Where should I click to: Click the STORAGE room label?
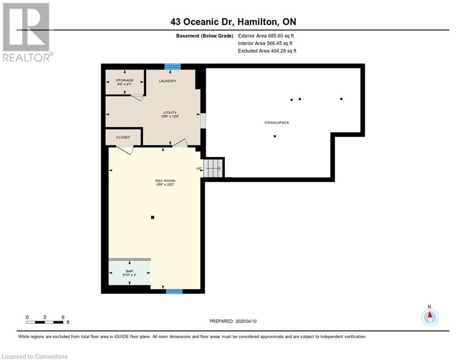pyautogui.click(x=125, y=80)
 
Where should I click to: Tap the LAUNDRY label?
pyautogui.click(x=168, y=81)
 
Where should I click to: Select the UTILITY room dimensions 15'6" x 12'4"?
pyautogui.click(x=170, y=117)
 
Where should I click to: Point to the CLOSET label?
pyautogui.click(x=123, y=137)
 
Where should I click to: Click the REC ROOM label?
pyautogui.click(x=165, y=181)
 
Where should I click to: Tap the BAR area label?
pyautogui.click(x=129, y=271)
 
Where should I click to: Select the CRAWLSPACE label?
pyautogui.click(x=277, y=122)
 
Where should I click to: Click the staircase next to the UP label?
pyautogui.click(x=213, y=168)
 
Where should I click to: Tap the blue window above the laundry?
pyautogui.click(x=173, y=67)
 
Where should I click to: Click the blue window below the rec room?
pyautogui.click(x=174, y=291)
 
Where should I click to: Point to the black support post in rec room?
pyautogui.click(x=152, y=217)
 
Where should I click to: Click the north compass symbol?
pyautogui.click(x=430, y=317)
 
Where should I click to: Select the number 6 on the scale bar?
pyautogui.click(x=63, y=317)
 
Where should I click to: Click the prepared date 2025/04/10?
pyautogui.click(x=246, y=321)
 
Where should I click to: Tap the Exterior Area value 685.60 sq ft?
pyautogui.click(x=281, y=36)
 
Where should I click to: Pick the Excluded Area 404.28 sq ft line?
pyautogui.click(x=267, y=51)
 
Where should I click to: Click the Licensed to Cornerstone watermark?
pyautogui.click(x=35, y=356)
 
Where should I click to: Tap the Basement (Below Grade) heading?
pyautogui.click(x=205, y=36)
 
